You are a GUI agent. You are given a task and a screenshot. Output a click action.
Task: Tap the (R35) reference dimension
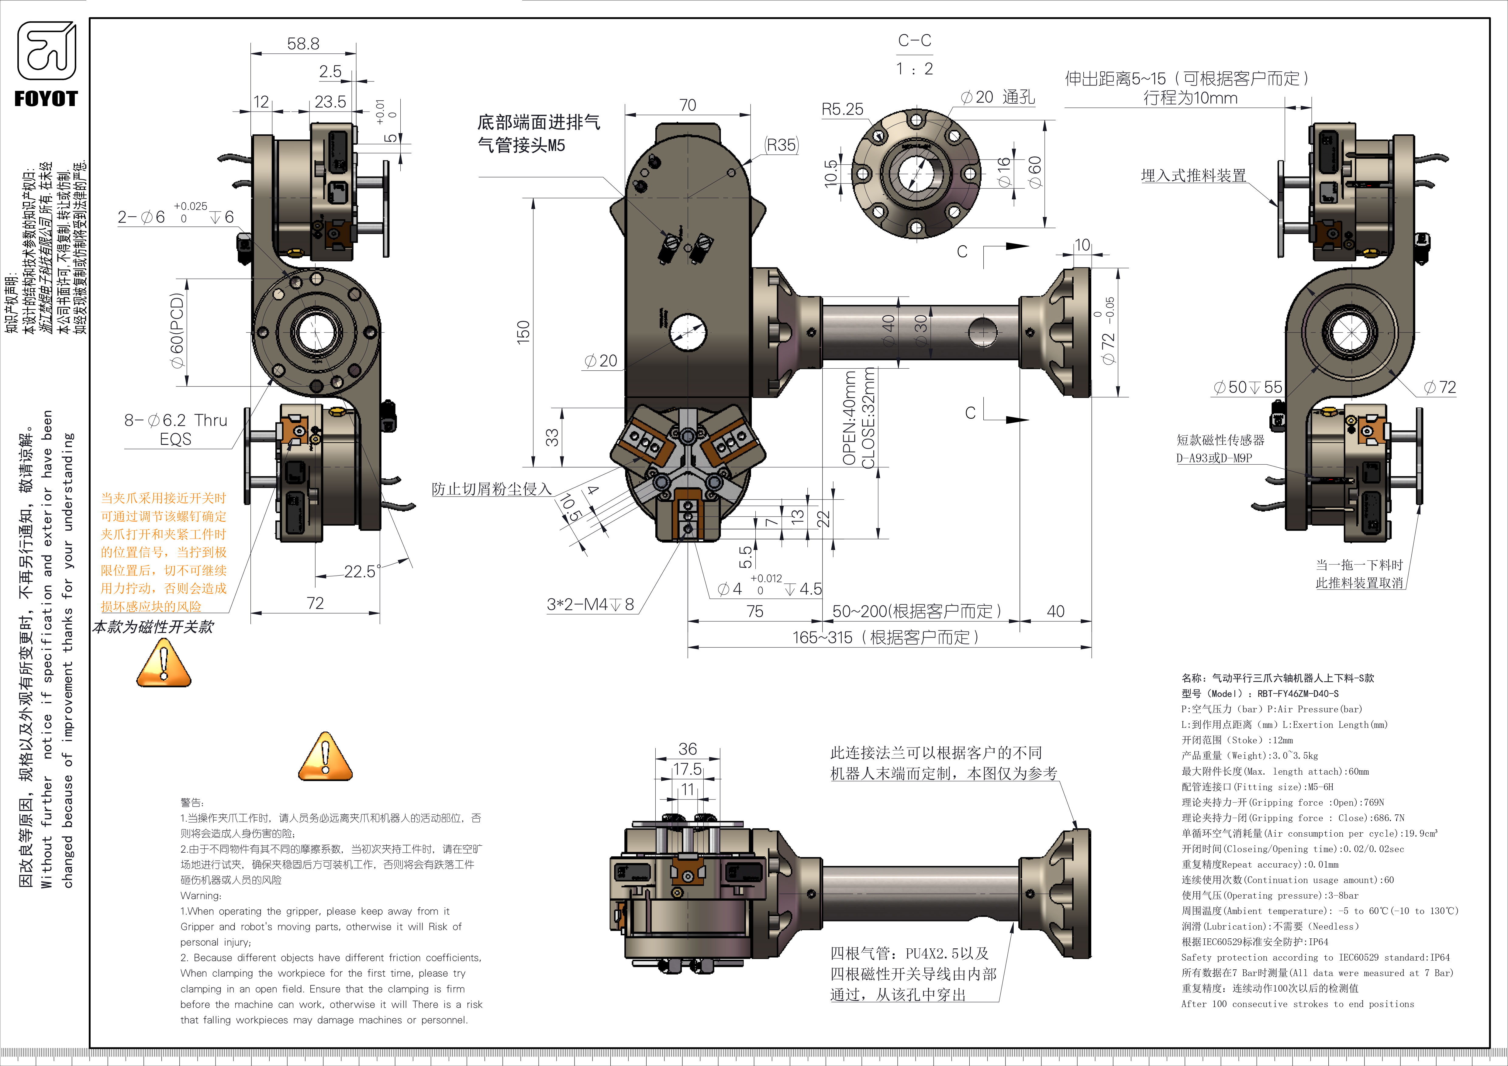(x=781, y=145)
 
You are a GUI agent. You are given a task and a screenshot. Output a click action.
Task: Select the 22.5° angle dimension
(x=362, y=572)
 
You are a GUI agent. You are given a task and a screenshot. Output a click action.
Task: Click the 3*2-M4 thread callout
(x=590, y=604)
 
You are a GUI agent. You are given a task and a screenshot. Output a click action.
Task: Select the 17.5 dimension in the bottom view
(x=687, y=769)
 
